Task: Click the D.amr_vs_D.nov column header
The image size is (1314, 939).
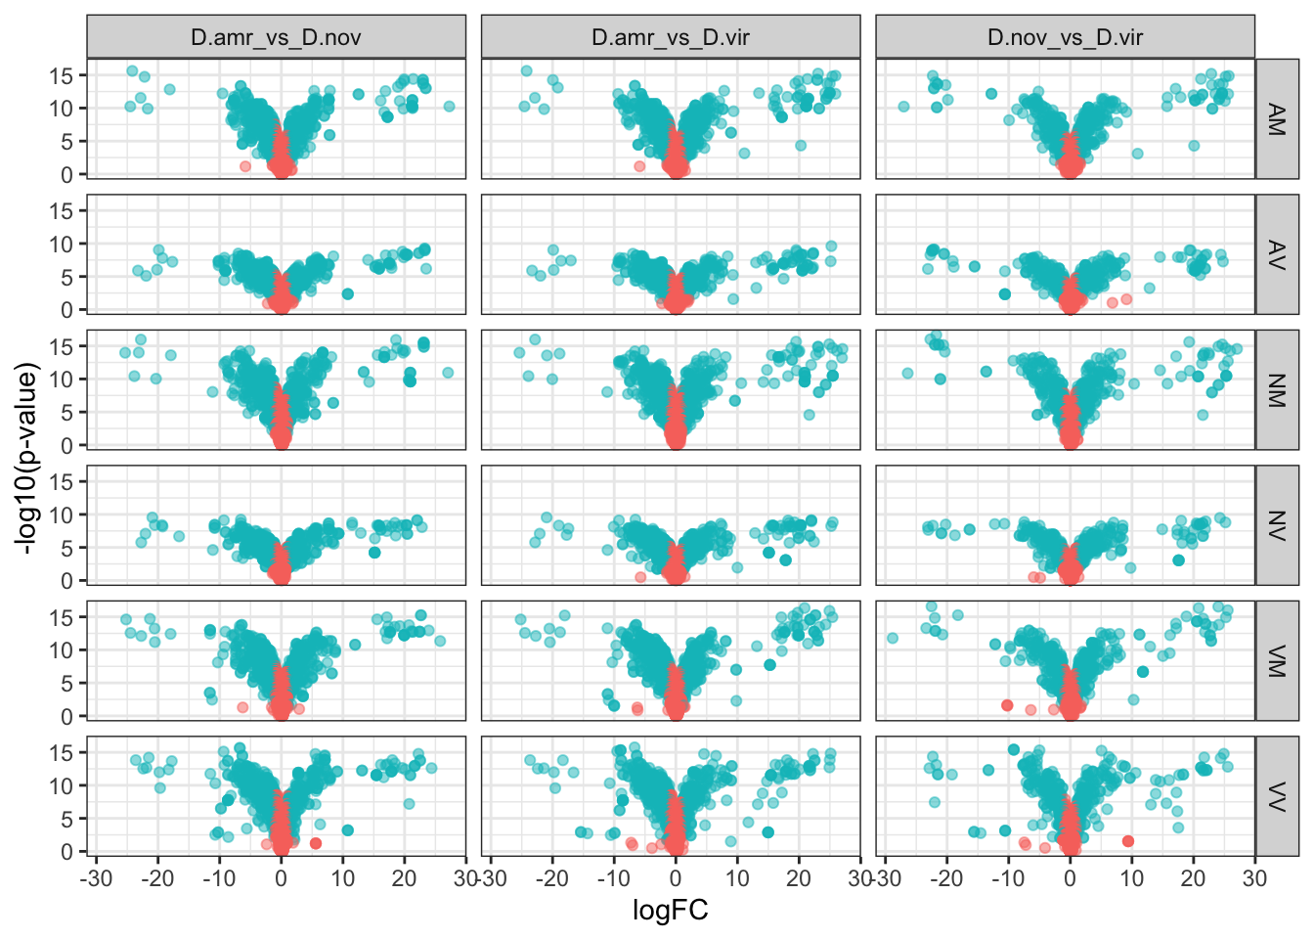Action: click(x=276, y=38)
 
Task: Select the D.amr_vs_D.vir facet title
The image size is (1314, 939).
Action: click(x=671, y=38)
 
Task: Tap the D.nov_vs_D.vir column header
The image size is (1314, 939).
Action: click(x=1065, y=38)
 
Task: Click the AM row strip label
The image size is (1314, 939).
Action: click(x=1277, y=119)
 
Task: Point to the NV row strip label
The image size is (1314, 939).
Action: click(x=1277, y=525)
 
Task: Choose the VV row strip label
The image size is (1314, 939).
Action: click(x=1277, y=796)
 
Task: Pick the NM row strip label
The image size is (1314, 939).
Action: click(x=1277, y=389)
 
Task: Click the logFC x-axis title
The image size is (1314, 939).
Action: click(x=671, y=912)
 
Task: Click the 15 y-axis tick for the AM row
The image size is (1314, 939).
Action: click(x=62, y=75)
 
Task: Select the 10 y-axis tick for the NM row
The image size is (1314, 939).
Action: click(x=62, y=380)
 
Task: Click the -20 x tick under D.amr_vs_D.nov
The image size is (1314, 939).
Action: click(x=157, y=877)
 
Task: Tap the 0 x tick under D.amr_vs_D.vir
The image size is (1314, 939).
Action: click(x=676, y=877)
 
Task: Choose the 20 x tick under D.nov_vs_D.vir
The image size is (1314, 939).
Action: click(x=1193, y=877)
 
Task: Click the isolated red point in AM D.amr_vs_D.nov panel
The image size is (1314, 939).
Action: click(x=245, y=166)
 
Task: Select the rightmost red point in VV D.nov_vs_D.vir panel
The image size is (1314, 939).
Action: click(x=1128, y=841)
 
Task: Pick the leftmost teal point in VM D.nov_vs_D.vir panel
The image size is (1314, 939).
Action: click(x=893, y=639)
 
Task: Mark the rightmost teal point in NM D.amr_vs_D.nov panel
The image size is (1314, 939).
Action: click(x=448, y=373)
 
